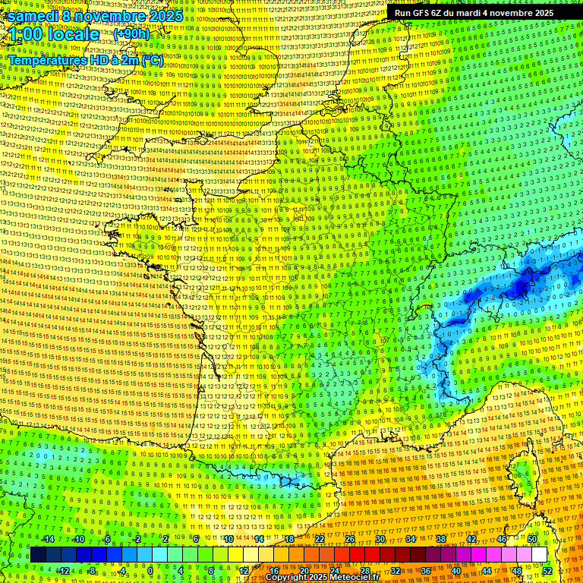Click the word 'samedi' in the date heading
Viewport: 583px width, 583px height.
pos(35,16)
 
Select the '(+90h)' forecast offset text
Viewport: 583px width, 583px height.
pos(132,34)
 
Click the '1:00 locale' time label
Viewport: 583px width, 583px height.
pos(55,34)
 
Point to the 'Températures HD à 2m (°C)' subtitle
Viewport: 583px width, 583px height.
pos(85,59)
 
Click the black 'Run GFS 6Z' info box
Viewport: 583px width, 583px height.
pos(474,12)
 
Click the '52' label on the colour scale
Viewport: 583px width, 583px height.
pos(547,571)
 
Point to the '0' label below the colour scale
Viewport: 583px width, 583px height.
pos(150,571)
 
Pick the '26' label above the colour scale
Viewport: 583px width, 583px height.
pos(350,539)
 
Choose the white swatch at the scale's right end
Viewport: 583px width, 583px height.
pos(539,555)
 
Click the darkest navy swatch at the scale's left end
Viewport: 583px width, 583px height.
pos(38,555)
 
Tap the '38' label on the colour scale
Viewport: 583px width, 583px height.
pos(441,539)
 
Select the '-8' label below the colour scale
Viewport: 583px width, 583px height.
pos(91,571)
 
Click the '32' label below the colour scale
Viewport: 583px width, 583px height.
pos(395,571)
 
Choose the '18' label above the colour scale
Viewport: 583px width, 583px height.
pos(289,539)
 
